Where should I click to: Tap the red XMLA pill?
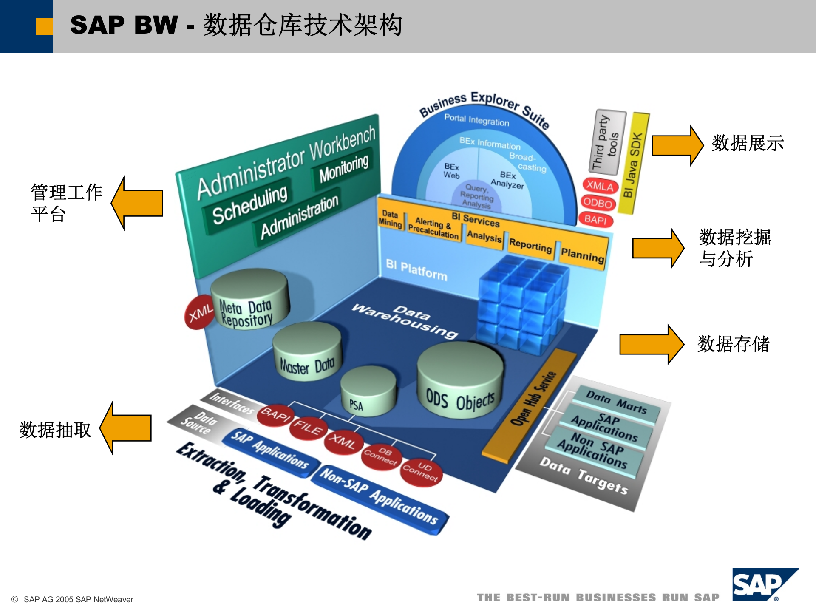coord(600,186)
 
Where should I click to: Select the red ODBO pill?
coord(598,203)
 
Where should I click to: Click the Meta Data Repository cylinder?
coord(249,299)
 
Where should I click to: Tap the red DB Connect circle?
coord(380,456)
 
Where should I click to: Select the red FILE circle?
coord(308,427)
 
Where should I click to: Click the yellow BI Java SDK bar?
coord(633,164)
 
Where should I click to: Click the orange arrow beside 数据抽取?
coord(127,428)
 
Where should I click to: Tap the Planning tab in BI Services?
coord(582,254)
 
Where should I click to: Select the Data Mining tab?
coord(390,219)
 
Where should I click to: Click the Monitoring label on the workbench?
coord(344,168)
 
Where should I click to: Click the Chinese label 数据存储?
coord(733,344)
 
